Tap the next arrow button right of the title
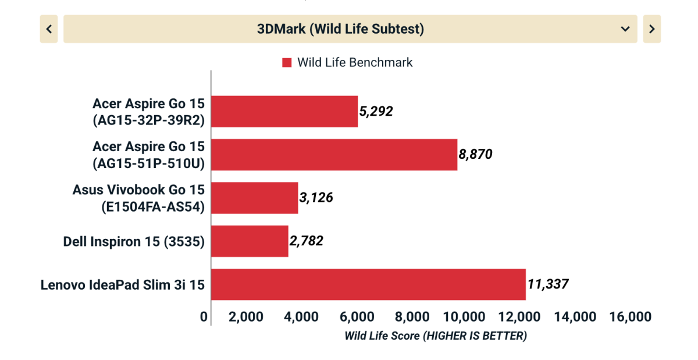point(651,29)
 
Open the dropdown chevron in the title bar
point(625,29)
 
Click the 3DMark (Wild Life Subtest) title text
point(340,29)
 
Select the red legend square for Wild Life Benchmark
point(287,63)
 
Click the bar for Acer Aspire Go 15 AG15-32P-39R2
point(284,111)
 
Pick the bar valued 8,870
point(334,155)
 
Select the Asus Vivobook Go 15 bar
point(255,198)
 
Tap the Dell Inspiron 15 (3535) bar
point(250,241)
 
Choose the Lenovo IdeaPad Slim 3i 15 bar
point(368,284)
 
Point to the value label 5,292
point(376,111)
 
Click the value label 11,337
point(548,284)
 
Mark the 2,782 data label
point(307,241)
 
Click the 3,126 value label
point(316,198)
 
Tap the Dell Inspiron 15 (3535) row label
point(134,241)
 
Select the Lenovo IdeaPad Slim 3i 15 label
point(123,285)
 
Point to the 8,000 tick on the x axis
point(412,317)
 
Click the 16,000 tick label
point(632,317)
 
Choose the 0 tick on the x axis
point(204,317)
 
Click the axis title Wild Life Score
point(435,336)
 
